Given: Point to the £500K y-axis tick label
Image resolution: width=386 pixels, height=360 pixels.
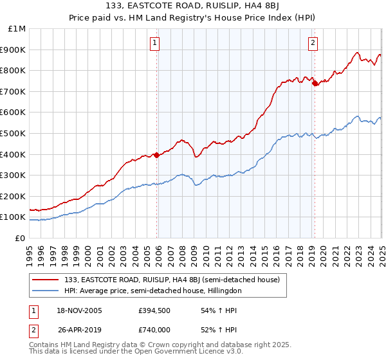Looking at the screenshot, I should [14, 133].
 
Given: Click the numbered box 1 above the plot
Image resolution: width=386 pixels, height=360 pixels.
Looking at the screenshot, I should [156, 43].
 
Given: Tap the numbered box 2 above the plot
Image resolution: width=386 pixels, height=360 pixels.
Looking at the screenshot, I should [313, 43].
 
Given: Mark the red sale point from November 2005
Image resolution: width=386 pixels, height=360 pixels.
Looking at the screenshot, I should [156, 155].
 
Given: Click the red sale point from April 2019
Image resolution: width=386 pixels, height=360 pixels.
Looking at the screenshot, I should [314, 83].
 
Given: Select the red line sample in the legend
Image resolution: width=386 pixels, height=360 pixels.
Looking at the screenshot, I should [46, 280].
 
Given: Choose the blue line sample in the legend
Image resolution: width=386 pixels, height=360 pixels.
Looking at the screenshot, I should [46, 291].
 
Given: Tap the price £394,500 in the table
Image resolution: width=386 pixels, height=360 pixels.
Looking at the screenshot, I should [154, 310].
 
